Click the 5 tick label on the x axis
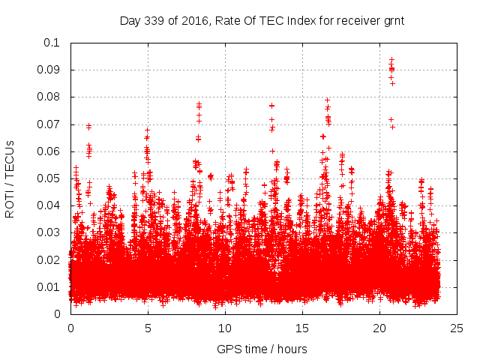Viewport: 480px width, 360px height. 148,328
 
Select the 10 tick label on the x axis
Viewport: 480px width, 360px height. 225,328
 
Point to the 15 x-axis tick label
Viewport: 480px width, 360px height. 302,328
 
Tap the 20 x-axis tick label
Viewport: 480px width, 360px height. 379,328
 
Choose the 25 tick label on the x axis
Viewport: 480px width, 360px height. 457,328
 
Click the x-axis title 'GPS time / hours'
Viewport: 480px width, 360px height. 262,349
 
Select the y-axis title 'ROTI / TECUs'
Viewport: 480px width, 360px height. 10,178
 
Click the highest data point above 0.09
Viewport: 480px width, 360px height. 391,58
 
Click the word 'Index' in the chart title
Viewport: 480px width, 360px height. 287,21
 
